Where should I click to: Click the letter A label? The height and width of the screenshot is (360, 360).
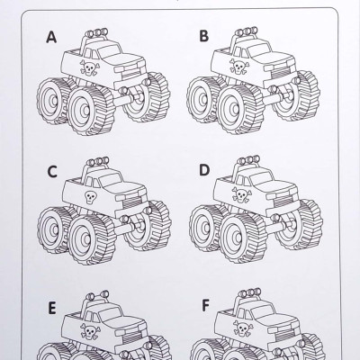52,37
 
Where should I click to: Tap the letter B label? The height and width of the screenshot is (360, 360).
204,36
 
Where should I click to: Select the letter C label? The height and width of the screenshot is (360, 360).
52,170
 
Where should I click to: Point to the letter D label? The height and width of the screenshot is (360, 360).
204,169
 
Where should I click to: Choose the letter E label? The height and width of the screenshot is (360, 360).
51,305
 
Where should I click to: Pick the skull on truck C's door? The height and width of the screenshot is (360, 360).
90,198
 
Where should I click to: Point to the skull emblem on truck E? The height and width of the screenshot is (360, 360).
91,332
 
